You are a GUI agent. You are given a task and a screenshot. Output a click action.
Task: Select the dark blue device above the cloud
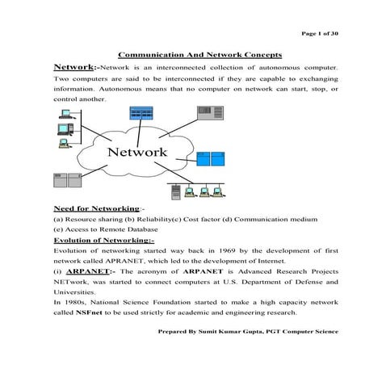pos(146,115)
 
